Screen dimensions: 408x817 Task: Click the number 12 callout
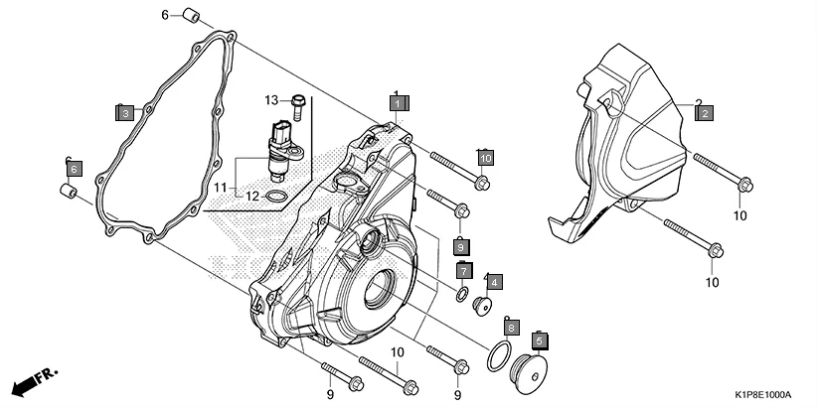pos(253,197)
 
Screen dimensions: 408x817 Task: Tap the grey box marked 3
pos(124,113)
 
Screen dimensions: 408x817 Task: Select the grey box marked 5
pos(541,340)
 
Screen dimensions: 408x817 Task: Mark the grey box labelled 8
pos(511,327)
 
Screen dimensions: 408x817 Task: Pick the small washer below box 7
pos(462,295)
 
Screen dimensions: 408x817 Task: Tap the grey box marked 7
pos(464,270)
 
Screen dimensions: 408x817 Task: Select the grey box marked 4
pos(494,282)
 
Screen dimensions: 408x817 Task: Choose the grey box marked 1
pos(397,102)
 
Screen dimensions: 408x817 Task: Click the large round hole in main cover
pos(379,292)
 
